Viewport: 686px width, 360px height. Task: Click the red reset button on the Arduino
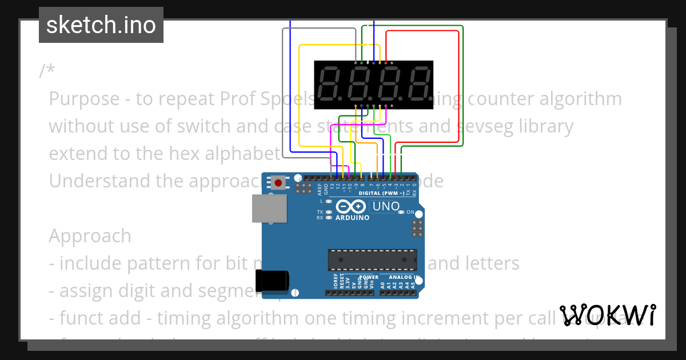click(278, 183)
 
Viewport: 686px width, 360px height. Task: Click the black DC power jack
click(273, 281)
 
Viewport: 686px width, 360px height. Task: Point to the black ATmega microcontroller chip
click(372, 259)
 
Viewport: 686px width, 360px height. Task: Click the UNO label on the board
click(386, 206)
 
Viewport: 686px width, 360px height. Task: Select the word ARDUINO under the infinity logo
click(352, 218)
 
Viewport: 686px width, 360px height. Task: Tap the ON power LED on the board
click(402, 212)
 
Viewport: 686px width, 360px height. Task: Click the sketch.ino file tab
click(101, 25)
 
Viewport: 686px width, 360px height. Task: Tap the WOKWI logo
click(608, 315)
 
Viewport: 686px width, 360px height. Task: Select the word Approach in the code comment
click(90, 236)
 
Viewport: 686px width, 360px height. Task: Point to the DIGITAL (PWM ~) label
click(381, 193)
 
